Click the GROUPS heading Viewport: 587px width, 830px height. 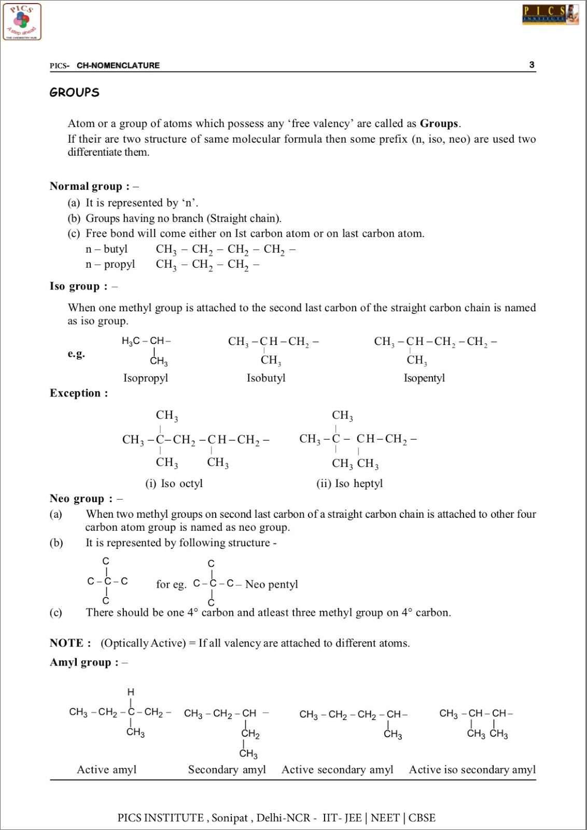click(74, 92)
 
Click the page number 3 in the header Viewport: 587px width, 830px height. click(532, 65)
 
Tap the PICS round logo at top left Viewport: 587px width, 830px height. click(22, 22)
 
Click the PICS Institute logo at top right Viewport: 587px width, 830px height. click(550, 15)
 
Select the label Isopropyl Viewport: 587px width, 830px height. click(146, 378)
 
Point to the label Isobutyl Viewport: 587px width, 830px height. click(266, 378)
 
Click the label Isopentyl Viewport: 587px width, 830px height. click(424, 378)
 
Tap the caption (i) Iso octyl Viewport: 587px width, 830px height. click(174, 483)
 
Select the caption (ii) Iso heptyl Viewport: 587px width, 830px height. click(350, 483)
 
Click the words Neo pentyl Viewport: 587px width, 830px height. click(272, 585)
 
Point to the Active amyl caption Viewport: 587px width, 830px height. click(107, 770)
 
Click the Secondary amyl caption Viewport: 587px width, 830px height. click(227, 770)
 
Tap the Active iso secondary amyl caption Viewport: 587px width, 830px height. click(472, 770)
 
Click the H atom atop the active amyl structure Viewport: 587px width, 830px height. click(131, 692)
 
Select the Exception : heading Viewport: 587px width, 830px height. click(79, 393)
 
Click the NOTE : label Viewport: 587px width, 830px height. click(70, 643)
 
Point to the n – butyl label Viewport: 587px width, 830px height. click(106, 249)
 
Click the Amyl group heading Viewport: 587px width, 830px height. click(84, 662)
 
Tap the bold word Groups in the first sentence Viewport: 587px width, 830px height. click(439, 123)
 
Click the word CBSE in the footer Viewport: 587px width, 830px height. click(422, 818)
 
